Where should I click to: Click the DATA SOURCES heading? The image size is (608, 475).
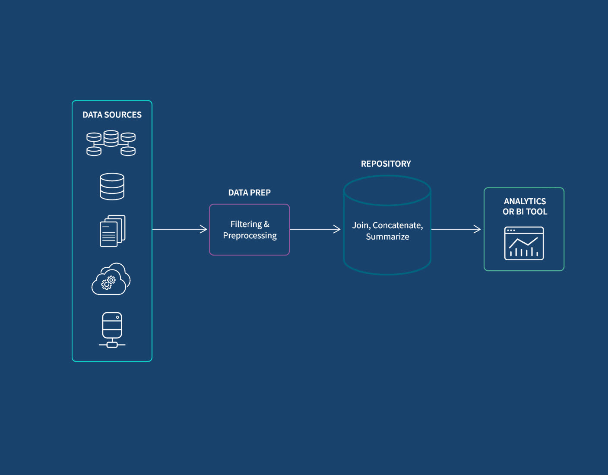[112, 115]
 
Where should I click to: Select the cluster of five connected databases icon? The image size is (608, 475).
[111, 143]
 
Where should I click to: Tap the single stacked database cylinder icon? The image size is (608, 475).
[112, 187]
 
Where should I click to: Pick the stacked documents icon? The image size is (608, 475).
[112, 231]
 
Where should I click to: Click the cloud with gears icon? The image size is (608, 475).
[111, 279]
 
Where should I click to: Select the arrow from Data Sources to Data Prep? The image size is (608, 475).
[180, 229]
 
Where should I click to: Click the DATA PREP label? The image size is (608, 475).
[249, 193]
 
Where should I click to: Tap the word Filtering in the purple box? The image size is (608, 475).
[246, 224]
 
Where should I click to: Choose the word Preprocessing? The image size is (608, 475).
[250, 236]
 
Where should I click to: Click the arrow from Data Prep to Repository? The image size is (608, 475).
[315, 229]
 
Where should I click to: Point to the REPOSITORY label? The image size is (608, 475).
[386, 164]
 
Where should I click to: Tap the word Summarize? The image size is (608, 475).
[387, 237]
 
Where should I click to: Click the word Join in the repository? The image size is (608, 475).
[361, 225]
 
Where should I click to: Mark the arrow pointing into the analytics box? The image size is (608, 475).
[456, 229]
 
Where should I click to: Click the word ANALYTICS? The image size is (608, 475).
[525, 201]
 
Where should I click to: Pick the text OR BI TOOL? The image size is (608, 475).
[525, 212]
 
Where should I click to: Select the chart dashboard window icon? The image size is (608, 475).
[524, 244]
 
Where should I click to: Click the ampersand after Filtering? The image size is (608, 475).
[266, 224]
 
